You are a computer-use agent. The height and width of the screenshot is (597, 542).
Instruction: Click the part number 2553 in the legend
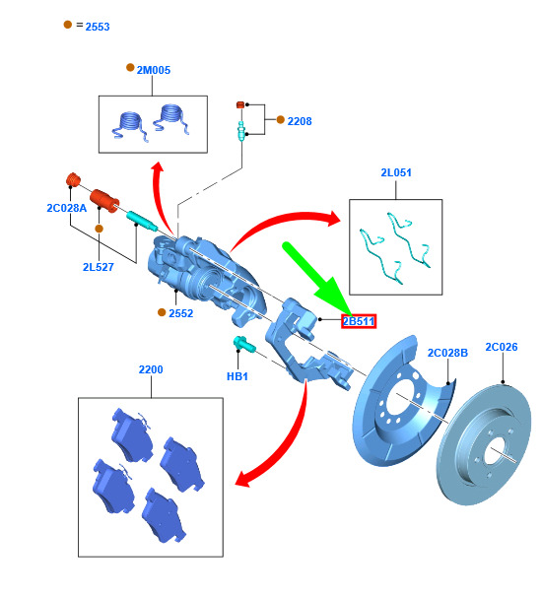tap(98, 27)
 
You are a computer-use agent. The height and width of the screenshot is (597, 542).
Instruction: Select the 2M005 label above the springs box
tap(154, 70)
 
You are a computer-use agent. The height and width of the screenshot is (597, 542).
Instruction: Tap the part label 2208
tap(300, 121)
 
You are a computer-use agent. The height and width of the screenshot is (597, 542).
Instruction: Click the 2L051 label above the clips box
tap(396, 172)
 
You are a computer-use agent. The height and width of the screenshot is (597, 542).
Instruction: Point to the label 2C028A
tap(67, 208)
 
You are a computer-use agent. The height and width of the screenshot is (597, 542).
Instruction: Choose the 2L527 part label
tap(99, 267)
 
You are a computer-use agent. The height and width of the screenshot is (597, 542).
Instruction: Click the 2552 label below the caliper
tap(181, 313)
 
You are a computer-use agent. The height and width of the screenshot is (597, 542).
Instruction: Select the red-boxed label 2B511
tap(359, 321)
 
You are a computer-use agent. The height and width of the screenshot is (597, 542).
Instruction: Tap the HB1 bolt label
tap(237, 376)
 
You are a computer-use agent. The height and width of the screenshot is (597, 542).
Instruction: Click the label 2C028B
tap(447, 353)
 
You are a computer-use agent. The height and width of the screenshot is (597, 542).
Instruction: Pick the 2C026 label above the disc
tap(502, 347)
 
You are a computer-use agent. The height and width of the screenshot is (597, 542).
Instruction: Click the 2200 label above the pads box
tap(151, 369)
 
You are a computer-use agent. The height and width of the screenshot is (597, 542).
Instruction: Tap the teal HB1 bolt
tap(243, 344)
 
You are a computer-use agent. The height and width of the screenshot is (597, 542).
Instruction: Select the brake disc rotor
tap(484, 444)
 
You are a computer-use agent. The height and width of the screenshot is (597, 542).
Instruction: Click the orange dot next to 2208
tap(280, 119)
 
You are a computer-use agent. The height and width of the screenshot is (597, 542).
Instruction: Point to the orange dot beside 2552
tap(162, 312)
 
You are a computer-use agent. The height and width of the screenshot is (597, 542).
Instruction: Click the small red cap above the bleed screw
tap(240, 104)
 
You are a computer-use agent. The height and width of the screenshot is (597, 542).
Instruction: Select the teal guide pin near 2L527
tap(142, 221)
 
